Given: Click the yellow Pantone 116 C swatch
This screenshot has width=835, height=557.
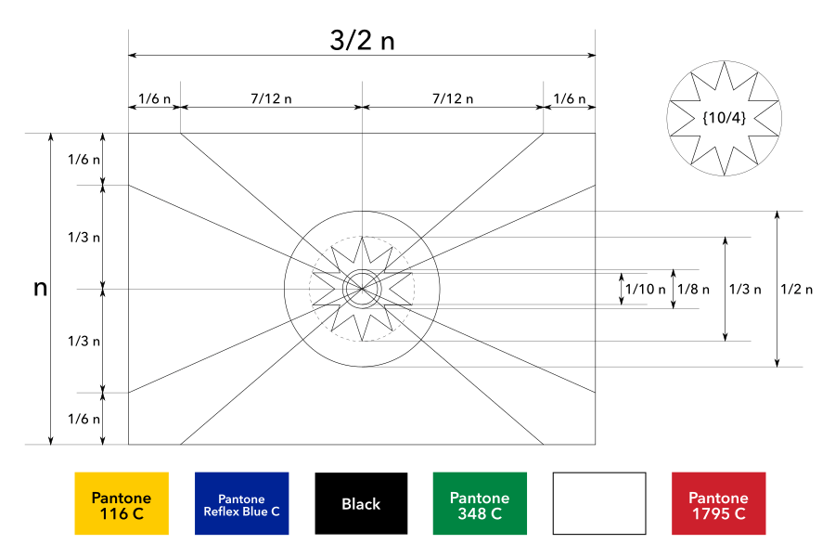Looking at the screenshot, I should pyautogui.click(x=122, y=504).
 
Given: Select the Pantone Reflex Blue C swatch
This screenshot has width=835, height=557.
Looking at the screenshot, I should pyautogui.click(x=241, y=504).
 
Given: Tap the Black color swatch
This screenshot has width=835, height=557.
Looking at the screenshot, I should pyautogui.click(x=361, y=504).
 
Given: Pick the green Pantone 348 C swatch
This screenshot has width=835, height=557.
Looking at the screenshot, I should pyautogui.click(x=480, y=504).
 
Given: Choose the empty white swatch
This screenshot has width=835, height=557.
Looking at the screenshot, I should pyautogui.click(x=599, y=504).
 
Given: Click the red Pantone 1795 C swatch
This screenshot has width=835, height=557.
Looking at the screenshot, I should pyautogui.click(x=718, y=504).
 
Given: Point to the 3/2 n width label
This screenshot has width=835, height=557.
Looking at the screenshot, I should pyautogui.click(x=362, y=41).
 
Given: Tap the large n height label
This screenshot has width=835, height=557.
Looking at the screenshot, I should pyautogui.click(x=40, y=288).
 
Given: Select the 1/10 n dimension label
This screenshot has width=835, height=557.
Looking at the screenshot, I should pyautogui.click(x=646, y=289).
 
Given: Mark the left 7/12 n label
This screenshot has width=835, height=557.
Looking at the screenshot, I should pyautogui.click(x=271, y=98).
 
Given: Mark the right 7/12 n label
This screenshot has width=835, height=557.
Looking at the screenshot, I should pyautogui.click(x=453, y=98).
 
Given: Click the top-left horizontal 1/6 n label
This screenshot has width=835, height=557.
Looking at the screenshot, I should pyautogui.click(x=154, y=98).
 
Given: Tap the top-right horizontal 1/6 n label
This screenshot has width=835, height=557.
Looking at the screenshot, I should pyautogui.click(x=569, y=98).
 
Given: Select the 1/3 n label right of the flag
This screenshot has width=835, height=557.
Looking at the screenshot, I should pyautogui.click(x=744, y=289).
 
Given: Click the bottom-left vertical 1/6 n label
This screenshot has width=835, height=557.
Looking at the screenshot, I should pyautogui.click(x=83, y=419).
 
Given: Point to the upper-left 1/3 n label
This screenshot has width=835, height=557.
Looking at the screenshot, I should pyautogui.click(x=83, y=237).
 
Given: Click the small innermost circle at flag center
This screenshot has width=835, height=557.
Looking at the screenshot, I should pyautogui.click(x=361, y=289).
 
